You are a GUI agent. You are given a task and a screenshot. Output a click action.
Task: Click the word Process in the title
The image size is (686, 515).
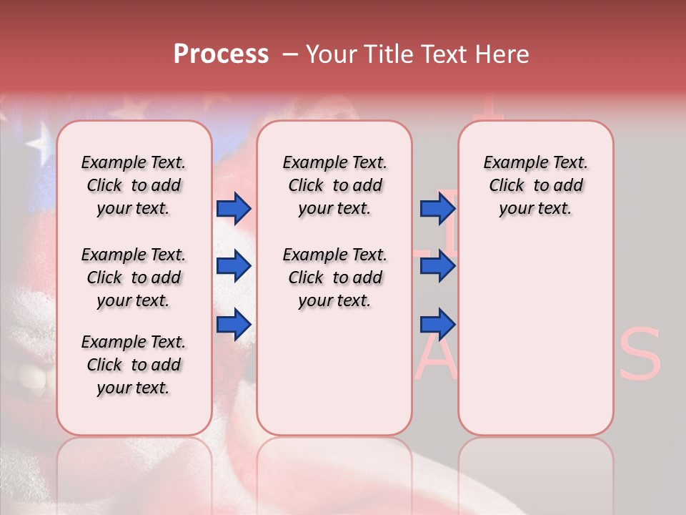221,54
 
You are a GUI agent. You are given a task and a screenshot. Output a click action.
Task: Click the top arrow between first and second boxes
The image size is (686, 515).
234,208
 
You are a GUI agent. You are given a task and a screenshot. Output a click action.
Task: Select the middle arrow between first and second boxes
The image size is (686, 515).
234,266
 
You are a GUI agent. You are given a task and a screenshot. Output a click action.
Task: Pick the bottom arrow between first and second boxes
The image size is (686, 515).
234,324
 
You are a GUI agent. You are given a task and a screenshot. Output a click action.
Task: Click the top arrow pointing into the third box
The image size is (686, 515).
437,208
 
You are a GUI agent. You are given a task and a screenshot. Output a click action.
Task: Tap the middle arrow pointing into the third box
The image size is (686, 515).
437,266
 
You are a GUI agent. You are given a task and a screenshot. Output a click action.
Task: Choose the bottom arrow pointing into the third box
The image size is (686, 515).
437,324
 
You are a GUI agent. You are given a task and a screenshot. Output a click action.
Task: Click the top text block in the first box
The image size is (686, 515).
134,185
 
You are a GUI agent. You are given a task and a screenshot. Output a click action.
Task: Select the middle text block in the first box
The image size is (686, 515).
134,278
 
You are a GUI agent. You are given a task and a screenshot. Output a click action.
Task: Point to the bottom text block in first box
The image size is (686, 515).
134,365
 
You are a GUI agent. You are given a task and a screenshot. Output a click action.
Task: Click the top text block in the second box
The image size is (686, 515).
334,185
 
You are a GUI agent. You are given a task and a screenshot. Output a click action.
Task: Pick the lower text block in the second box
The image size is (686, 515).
334,278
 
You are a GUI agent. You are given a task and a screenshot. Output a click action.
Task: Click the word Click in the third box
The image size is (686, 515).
507,186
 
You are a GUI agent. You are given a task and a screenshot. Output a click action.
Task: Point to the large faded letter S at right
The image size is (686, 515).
640,355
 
